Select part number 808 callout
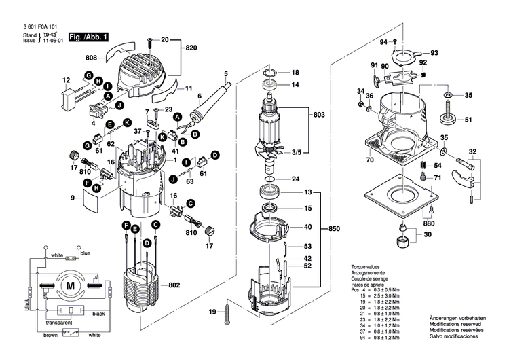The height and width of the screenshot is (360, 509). pyautogui.click(x=92, y=58)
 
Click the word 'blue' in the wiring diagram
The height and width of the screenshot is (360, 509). pyautogui.click(x=85, y=253)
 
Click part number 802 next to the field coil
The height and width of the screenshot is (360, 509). pyautogui.click(x=173, y=285)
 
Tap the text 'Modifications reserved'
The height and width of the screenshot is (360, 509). pyautogui.click(x=454, y=325)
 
